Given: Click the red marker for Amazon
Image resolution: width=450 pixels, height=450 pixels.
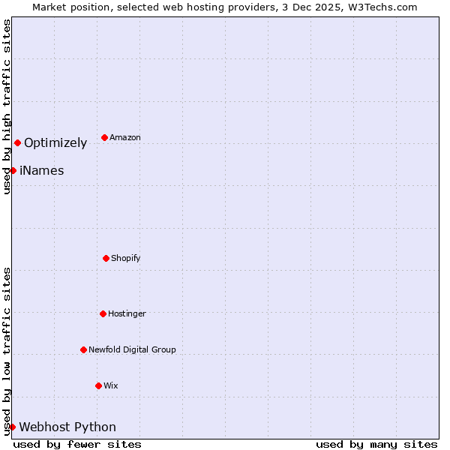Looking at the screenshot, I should click(x=104, y=137).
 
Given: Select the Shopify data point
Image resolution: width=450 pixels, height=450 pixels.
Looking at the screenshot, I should click(x=106, y=258).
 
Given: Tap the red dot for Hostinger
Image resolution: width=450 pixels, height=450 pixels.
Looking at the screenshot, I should click(x=103, y=313).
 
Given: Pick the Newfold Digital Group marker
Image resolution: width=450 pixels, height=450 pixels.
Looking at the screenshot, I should click(x=83, y=349).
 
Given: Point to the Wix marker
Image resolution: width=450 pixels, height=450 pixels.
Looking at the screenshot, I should click(x=98, y=385).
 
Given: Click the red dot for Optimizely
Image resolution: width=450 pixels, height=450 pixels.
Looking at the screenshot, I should click(x=17, y=142).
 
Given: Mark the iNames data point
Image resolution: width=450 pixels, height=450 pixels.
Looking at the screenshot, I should click(x=13, y=170).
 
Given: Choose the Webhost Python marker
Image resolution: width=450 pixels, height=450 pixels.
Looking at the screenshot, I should click(x=12, y=427).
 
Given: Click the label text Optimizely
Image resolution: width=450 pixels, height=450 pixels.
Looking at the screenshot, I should click(x=55, y=143).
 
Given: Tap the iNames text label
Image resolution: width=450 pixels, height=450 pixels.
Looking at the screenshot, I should click(x=41, y=171).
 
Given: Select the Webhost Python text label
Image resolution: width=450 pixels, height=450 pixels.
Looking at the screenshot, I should click(x=67, y=427).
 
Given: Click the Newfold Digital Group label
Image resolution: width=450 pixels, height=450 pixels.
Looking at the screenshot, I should click(x=132, y=349).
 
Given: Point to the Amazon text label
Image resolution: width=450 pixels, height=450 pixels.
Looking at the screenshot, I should click(x=125, y=137).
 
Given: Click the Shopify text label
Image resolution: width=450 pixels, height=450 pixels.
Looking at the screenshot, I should click(x=126, y=258).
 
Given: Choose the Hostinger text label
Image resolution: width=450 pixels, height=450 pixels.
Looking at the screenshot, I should click(x=127, y=313).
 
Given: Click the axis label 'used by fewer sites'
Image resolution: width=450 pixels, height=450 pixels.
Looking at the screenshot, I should click(x=77, y=445).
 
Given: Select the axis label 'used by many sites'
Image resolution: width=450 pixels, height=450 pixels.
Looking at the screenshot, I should click(x=376, y=445).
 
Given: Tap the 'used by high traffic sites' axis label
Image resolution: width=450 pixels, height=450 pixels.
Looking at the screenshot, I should click(x=7, y=106).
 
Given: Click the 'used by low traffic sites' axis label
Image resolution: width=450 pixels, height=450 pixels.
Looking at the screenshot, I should click(x=7, y=351).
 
